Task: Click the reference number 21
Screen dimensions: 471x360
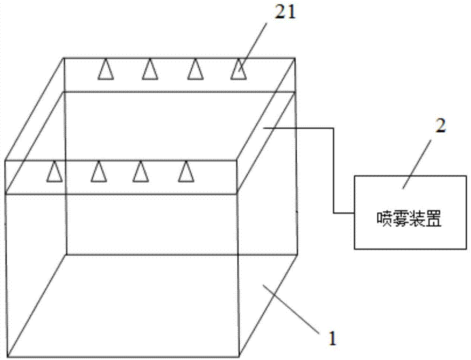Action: coord(285,14)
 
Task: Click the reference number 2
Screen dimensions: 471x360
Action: coord(440,127)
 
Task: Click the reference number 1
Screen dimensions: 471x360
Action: coord(332,338)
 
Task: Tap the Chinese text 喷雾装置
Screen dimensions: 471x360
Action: coord(410,219)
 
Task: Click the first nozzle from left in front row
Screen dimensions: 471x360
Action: coord(54,172)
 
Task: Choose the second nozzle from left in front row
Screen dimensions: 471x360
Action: coord(99,172)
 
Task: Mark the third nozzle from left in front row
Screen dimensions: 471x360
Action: coord(141,172)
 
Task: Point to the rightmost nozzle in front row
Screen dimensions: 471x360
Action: coord(186,172)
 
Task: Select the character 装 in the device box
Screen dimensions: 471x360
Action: coord(418,219)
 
